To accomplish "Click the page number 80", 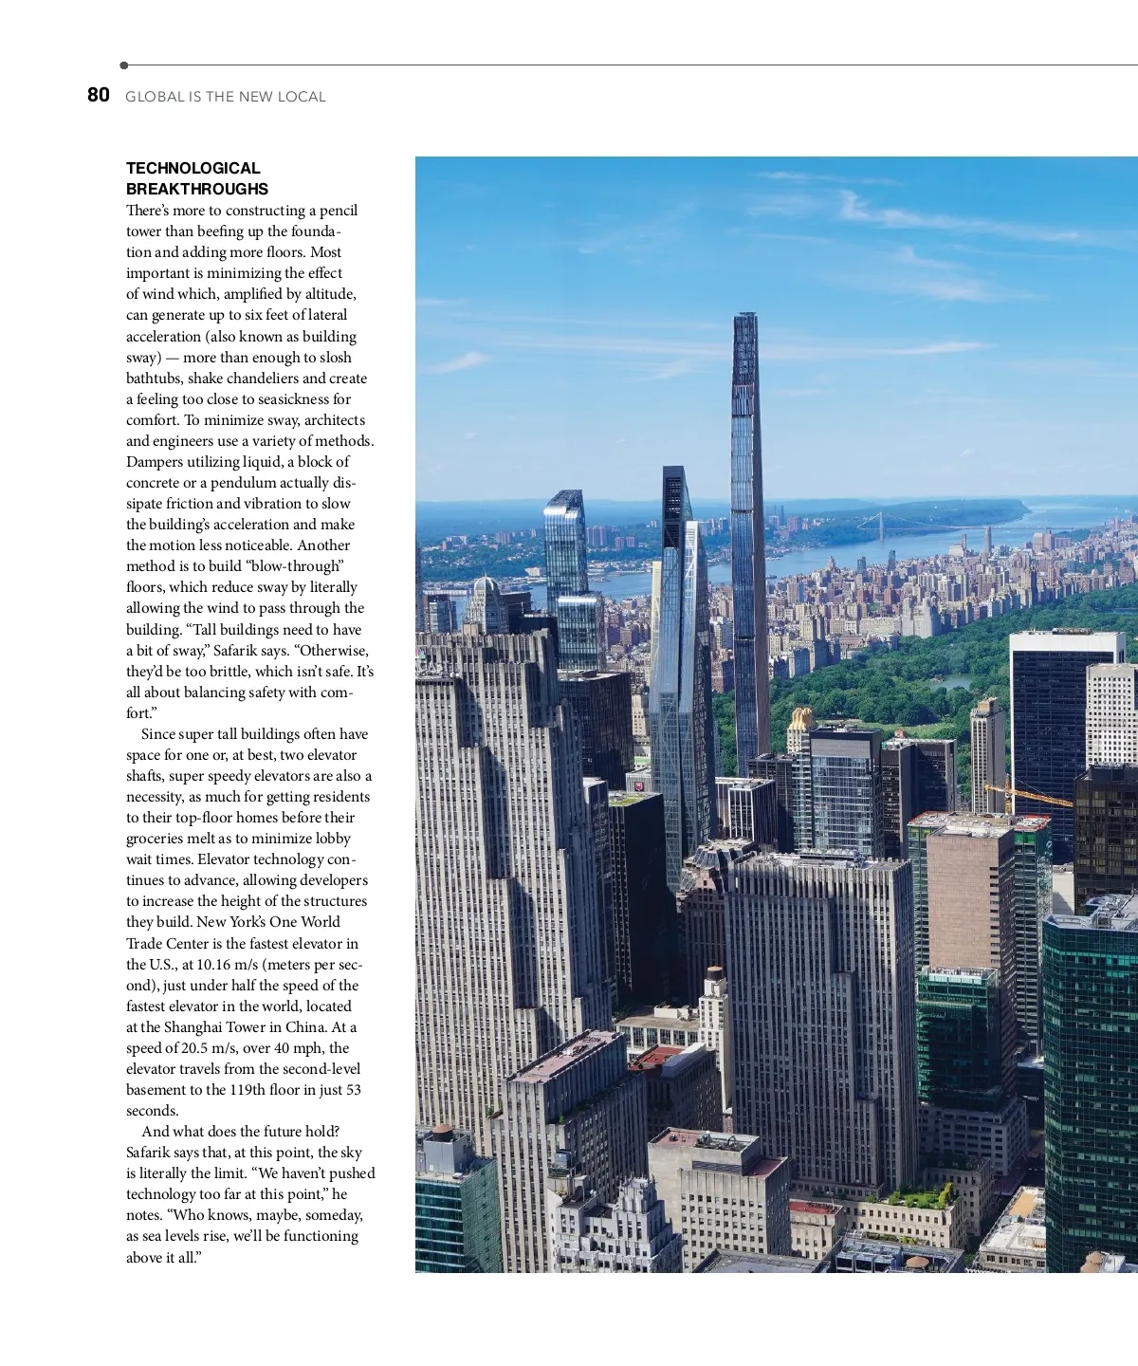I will [x=99, y=95].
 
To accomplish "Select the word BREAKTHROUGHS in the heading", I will [x=197, y=189].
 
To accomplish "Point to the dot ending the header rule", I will [x=124, y=65].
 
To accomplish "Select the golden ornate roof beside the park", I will [x=801, y=719].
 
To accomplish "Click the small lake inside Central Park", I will [x=952, y=682].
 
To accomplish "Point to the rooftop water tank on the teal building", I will [x=442, y=1135].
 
